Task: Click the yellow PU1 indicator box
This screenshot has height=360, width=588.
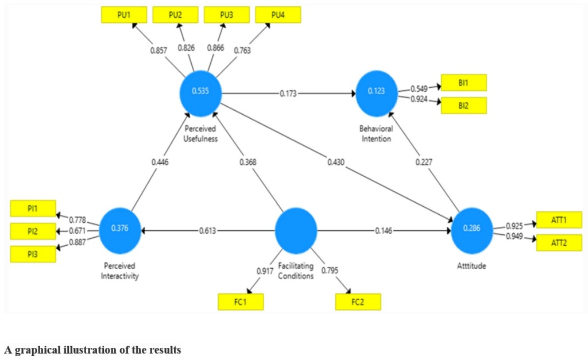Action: [123, 15]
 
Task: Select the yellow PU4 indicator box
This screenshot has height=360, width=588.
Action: [278, 15]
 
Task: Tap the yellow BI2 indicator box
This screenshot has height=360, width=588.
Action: [463, 106]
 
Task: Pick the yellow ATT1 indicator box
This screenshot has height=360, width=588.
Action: [559, 220]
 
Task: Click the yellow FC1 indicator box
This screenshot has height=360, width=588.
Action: [241, 301]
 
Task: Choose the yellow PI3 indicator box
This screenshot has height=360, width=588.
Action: [33, 254]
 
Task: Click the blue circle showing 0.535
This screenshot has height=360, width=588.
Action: [200, 92]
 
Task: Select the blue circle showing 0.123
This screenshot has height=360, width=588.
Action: [377, 92]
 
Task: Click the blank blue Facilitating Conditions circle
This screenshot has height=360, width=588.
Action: [296, 230]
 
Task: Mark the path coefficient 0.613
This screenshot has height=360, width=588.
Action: [208, 230]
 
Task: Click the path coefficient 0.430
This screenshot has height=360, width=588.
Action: [336, 163]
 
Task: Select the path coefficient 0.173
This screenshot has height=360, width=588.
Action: [288, 93]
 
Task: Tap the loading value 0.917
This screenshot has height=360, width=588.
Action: [264, 270]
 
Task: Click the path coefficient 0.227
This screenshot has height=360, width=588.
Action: [423, 163]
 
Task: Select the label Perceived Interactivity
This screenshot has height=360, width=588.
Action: [121, 272]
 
